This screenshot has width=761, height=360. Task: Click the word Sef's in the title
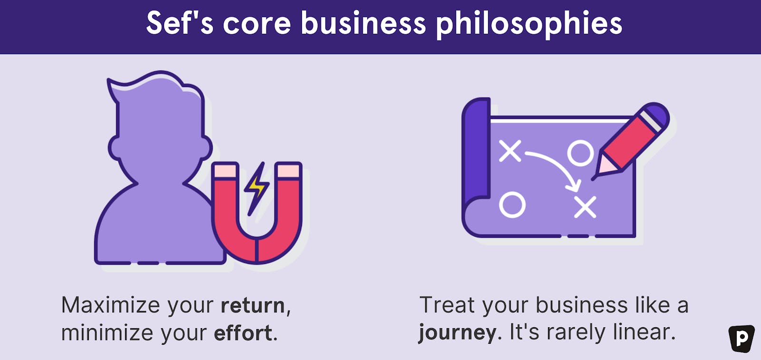tap(180, 23)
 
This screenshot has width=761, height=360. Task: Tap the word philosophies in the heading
tap(529, 25)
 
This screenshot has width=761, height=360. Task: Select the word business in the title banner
tap(363, 23)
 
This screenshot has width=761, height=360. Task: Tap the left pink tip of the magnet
tap(225, 170)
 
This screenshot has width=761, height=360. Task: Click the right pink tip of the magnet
tap(288, 170)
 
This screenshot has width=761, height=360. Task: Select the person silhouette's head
tap(160, 126)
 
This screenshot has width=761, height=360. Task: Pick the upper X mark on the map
tap(509, 151)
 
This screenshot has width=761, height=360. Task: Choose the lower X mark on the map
tap(585, 206)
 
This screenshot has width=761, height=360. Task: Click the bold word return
tap(253, 305)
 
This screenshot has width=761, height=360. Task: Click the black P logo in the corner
tap(742, 339)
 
